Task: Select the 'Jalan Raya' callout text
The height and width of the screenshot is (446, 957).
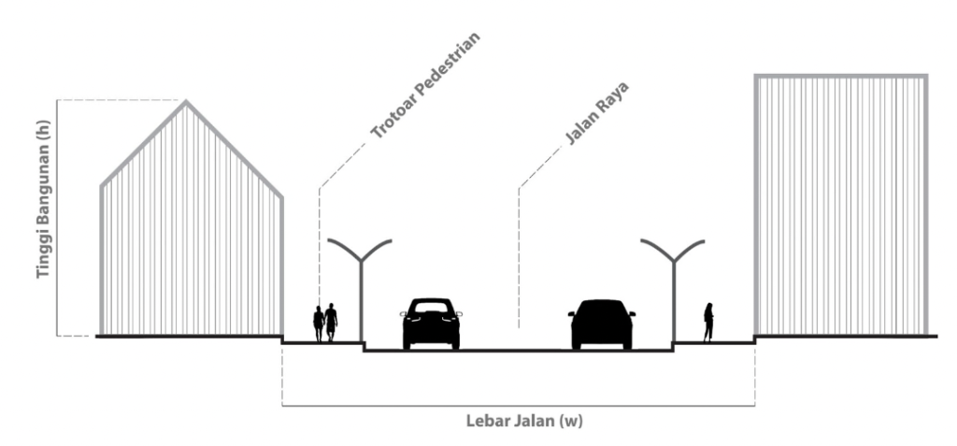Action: [596, 115]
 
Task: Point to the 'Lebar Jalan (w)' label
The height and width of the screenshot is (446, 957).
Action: [524, 421]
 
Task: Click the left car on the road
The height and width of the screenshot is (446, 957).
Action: [431, 324]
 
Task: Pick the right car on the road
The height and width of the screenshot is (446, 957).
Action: [602, 324]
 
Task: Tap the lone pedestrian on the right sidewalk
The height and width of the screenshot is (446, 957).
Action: [708, 322]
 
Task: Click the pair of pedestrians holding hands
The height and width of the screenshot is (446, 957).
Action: [325, 323]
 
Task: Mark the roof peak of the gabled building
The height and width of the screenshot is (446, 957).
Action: [187, 102]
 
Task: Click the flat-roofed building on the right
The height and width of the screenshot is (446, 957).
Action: [840, 205]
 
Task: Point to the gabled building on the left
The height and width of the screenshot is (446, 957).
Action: [191, 234]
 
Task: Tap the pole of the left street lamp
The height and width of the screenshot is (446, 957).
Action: [362, 304]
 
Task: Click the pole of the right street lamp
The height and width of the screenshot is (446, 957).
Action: [673, 304]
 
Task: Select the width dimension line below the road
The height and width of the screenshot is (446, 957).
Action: [518, 406]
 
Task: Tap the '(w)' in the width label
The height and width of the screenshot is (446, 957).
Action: [572, 421]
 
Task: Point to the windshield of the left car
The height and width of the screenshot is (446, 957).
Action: [431, 308]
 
